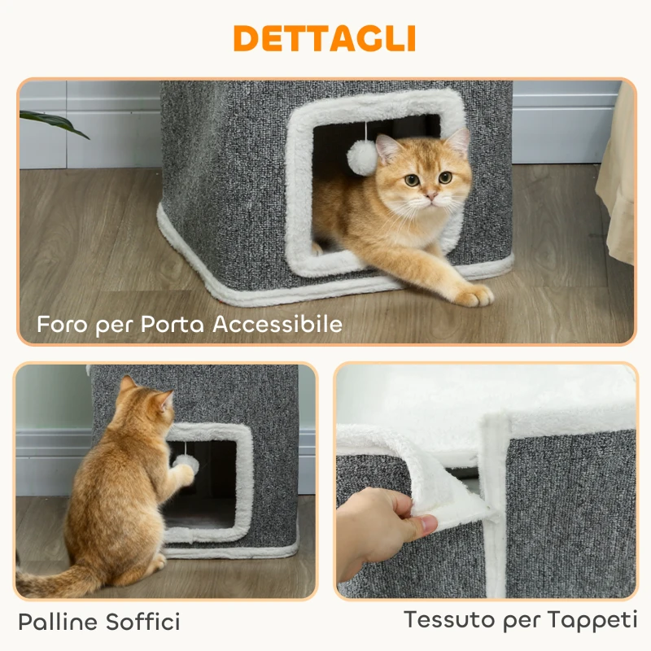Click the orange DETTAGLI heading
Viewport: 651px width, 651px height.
(325, 37)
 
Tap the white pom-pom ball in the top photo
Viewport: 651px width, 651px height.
(363, 156)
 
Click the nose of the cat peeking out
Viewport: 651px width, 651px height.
(430, 196)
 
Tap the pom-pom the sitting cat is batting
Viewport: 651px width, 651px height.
(186, 463)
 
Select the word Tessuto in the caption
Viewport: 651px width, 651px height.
(448, 619)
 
